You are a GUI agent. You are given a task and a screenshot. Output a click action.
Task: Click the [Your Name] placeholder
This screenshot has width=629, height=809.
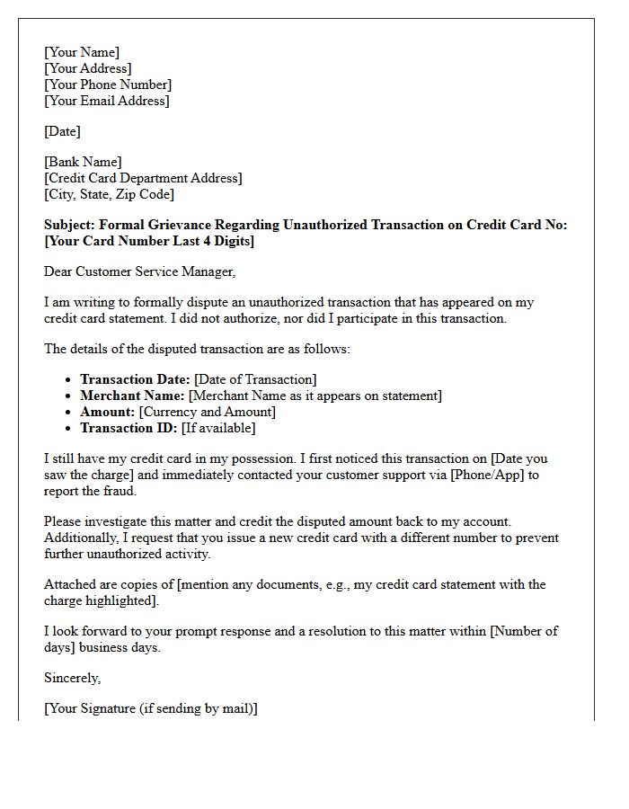[x=82, y=52]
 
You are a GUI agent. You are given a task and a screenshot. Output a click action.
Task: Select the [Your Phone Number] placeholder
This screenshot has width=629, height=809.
[x=108, y=84]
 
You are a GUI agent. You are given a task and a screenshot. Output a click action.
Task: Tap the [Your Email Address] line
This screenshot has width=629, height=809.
[x=106, y=101]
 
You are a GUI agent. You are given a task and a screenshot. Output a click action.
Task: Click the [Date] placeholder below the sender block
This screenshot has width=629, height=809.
[x=62, y=131]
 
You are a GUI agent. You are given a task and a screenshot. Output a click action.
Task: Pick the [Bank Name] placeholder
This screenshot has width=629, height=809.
[x=83, y=162]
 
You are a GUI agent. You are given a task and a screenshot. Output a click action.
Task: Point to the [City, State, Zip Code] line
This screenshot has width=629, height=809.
[x=109, y=194]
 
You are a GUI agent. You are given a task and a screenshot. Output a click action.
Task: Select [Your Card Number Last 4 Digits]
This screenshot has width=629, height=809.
[x=149, y=241]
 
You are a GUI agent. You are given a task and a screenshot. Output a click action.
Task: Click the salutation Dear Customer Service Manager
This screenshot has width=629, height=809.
[x=139, y=271]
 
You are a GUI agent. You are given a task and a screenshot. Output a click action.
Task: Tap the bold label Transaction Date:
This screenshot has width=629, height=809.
[x=135, y=380]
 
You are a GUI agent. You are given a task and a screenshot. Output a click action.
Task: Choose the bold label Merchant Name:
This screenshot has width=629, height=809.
[x=133, y=396]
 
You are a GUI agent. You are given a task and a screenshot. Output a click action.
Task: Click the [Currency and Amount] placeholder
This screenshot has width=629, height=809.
[x=208, y=412]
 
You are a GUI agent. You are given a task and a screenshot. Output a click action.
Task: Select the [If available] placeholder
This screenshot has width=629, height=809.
[x=218, y=428]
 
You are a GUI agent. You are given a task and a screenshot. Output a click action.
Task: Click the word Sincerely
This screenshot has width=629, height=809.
[x=73, y=678]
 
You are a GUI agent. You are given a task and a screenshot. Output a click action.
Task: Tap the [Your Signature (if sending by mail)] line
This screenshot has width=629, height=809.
[x=151, y=708]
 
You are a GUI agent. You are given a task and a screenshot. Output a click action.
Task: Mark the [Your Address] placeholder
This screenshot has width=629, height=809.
[x=87, y=68]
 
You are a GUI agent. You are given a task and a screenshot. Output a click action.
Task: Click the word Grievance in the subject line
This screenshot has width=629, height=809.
[x=186, y=225]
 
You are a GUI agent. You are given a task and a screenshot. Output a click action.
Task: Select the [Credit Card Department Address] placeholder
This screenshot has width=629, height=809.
[x=143, y=178]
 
